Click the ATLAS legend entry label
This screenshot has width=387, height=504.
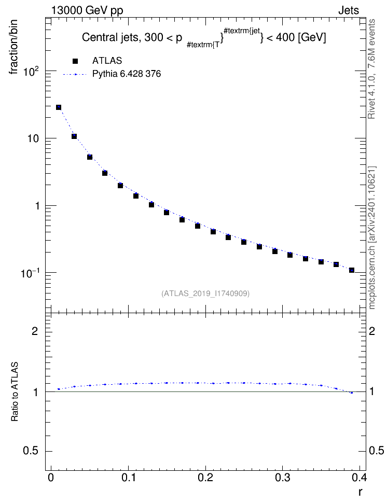click(x=107, y=61)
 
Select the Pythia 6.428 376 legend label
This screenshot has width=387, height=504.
click(x=127, y=74)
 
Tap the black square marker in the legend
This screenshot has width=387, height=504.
click(x=75, y=61)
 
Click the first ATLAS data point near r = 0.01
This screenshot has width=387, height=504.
click(x=59, y=107)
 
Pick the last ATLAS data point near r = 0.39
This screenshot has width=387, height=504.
click(x=352, y=270)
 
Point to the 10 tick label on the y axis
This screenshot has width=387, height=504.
click(x=34, y=138)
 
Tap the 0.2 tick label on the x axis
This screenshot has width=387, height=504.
click(x=205, y=478)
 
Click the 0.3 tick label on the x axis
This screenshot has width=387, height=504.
click(x=282, y=478)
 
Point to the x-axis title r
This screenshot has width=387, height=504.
click(x=360, y=492)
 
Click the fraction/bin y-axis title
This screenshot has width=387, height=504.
click(x=13, y=47)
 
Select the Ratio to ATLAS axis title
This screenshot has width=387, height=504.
click(x=14, y=391)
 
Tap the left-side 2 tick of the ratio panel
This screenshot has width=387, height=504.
click(x=34, y=331)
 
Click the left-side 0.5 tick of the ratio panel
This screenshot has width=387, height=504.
click(x=31, y=451)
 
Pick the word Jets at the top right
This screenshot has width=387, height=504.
click(x=349, y=10)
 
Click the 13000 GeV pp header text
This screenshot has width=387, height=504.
click(x=87, y=11)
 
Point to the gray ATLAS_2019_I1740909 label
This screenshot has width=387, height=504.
click(x=205, y=293)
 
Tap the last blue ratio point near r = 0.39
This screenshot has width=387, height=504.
click(x=352, y=393)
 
